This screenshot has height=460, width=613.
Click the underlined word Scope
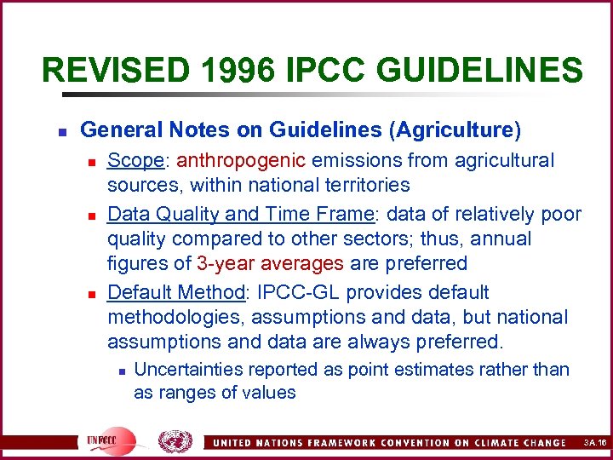pyautogui.click(x=132, y=160)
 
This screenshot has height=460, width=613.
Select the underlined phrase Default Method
pyautogui.click(x=176, y=292)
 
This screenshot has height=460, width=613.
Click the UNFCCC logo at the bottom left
pyautogui.click(x=111, y=440)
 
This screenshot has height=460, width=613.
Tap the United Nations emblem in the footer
pyautogui.click(x=175, y=440)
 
